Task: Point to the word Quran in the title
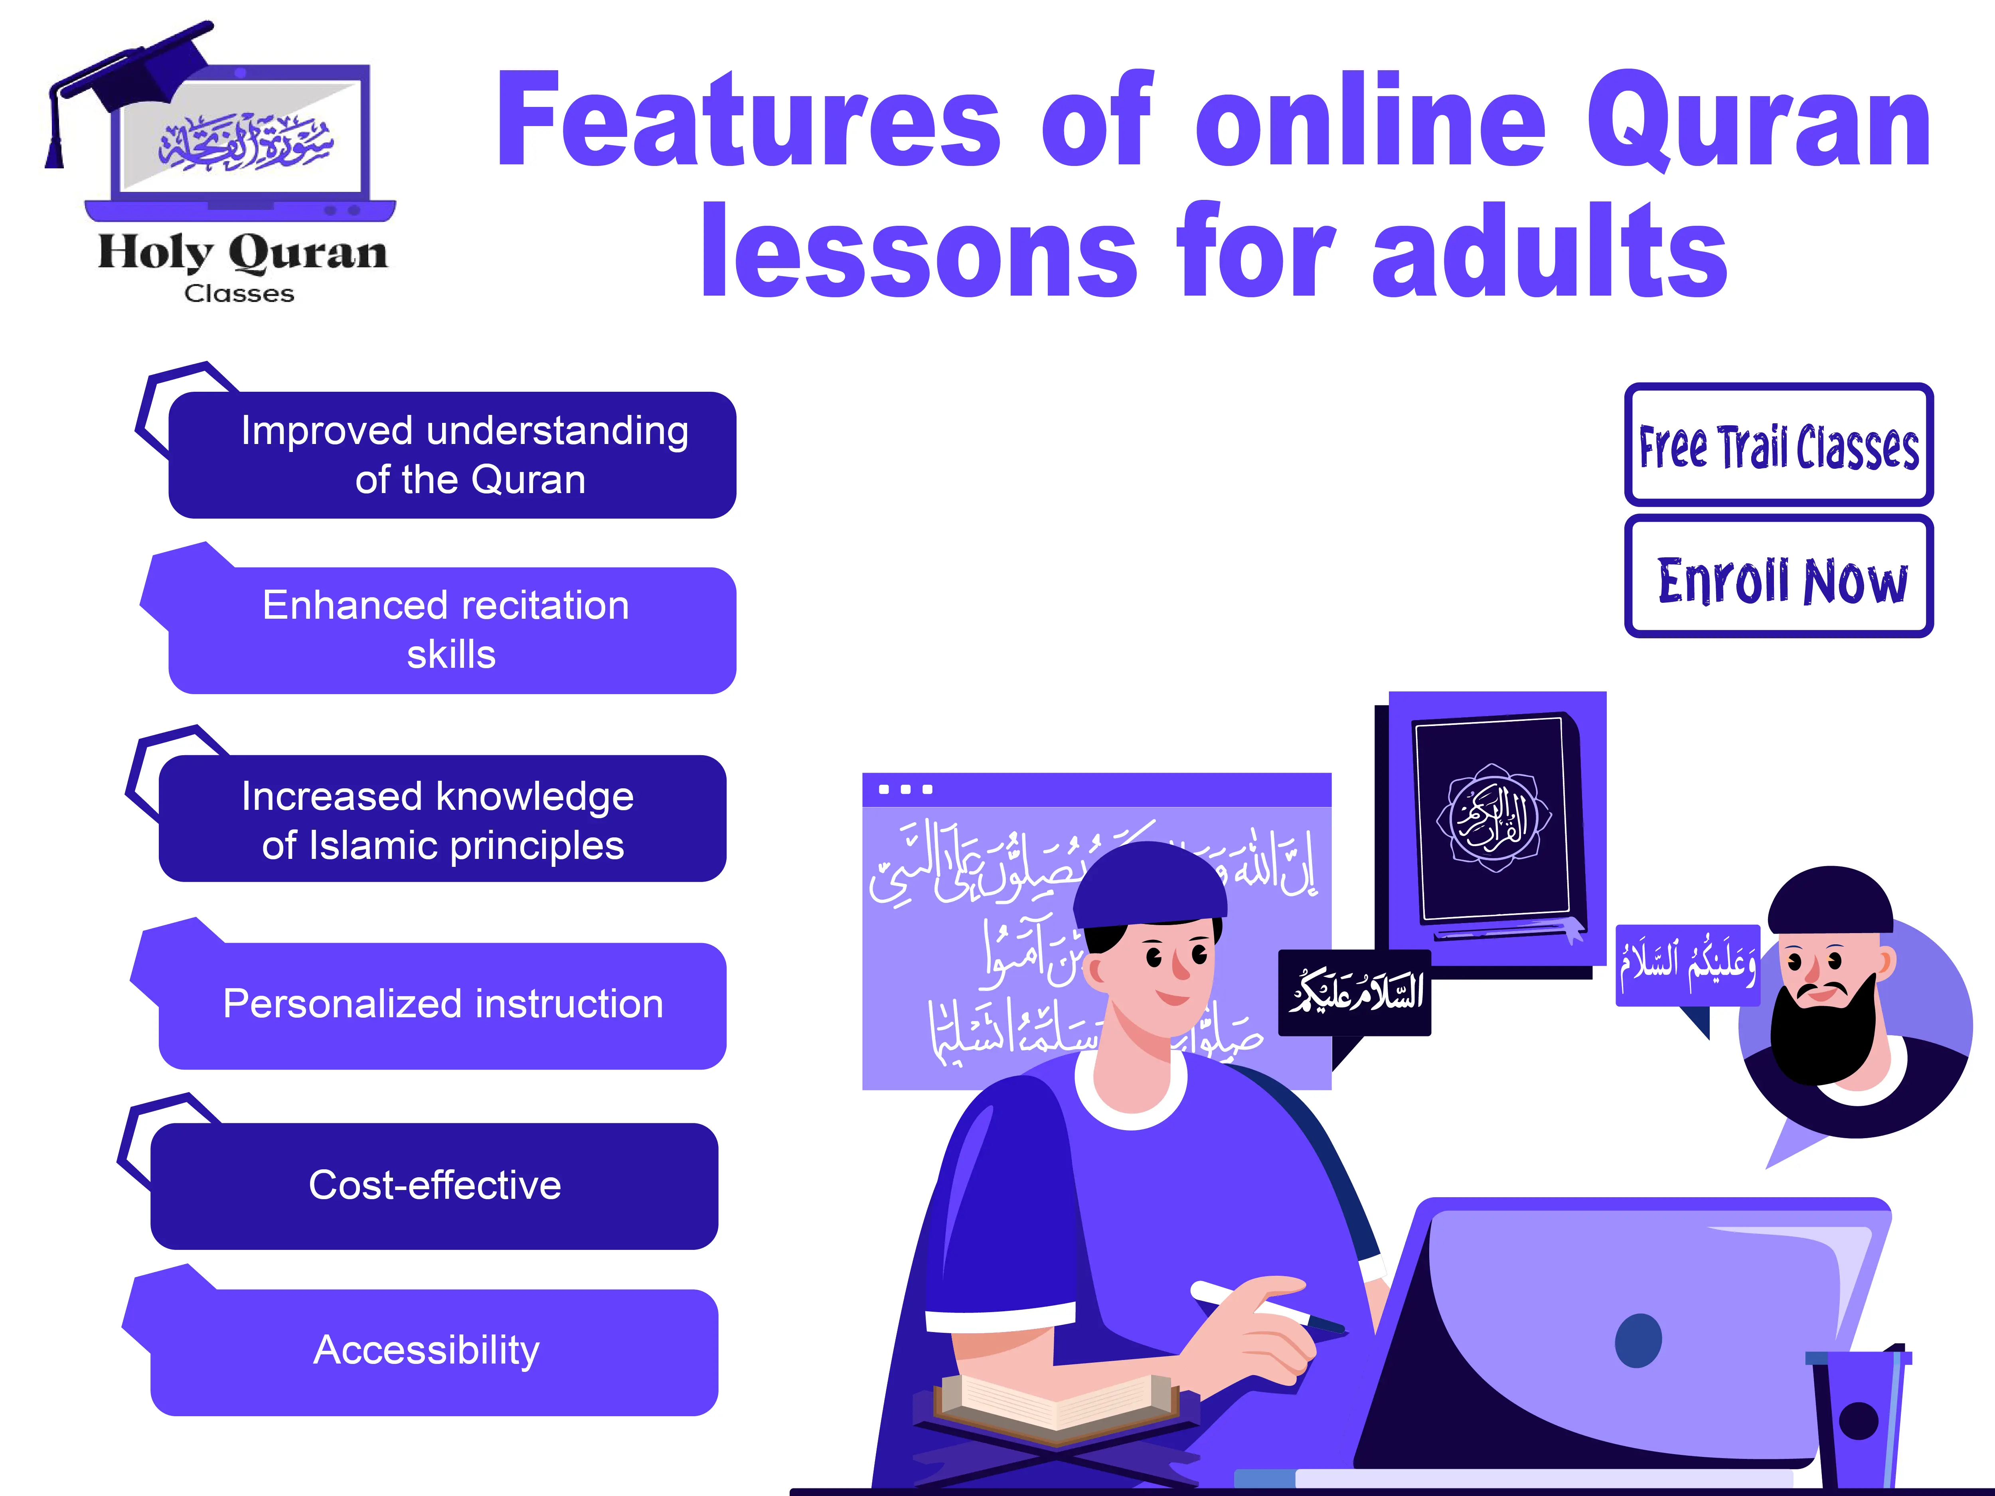coord(1759,122)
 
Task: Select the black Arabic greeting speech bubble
coord(1355,992)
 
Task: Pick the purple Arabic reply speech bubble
coord(1687,965)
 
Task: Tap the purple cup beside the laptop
coord(1858,1420)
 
